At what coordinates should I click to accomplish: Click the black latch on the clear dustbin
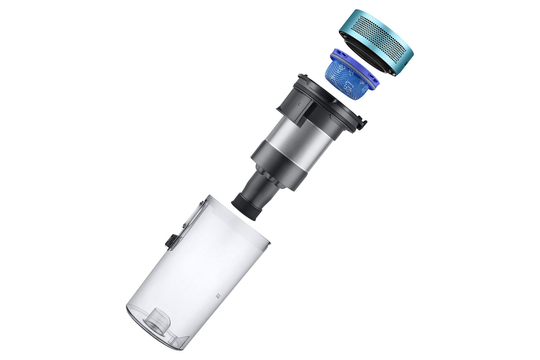coord(170,241)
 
